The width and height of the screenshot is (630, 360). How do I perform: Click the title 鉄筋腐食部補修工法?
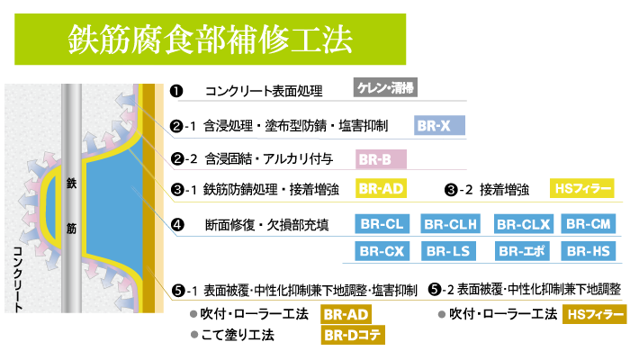click(210, 40)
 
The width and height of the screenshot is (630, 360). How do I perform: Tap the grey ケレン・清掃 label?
click(385, 87)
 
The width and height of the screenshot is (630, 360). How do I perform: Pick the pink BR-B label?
click(381, 160)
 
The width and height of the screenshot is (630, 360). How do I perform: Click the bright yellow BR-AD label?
click(381, 188)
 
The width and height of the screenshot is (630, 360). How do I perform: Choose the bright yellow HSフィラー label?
click(582, 188)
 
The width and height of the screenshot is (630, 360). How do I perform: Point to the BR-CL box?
click(382, 224)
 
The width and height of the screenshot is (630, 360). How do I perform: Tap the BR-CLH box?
click(451, 224)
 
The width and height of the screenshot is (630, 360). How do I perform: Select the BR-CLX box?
click(523, 224)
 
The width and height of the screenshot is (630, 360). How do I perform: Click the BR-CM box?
click(589, 224)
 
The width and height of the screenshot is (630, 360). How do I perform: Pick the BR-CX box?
click(382, 251)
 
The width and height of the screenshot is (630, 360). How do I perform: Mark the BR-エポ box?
click(523, 251)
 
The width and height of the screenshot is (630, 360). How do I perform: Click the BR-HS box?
click(589, 251)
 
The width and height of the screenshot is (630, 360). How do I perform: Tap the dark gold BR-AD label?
click(346, 314)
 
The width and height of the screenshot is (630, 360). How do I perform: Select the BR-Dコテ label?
click(353, 336)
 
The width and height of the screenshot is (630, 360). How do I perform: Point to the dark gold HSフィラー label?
click(594, 314)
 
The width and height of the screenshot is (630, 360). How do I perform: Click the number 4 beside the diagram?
click(178, 224)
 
